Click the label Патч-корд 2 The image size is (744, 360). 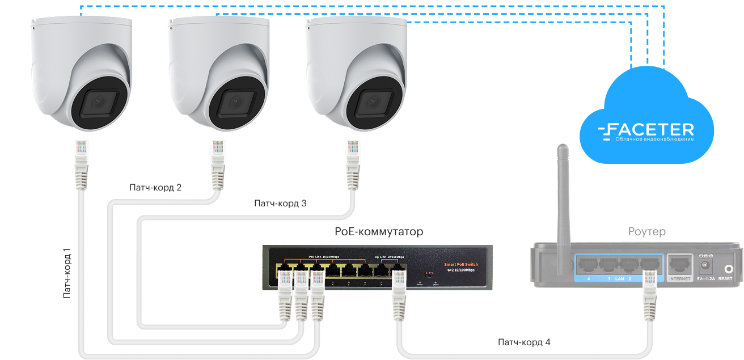pos(155,187)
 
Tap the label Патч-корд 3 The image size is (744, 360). pos(280,203)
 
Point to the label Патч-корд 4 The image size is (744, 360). pos(524,342)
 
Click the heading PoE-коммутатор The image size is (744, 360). pos(379,232)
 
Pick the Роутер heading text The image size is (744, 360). pos(647,231)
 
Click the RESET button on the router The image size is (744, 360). pos(725,266)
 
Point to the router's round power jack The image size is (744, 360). pos(706,265)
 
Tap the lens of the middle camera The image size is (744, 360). pos(236,105)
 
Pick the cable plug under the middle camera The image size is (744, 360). pos(218,162)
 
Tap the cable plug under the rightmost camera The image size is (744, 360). pos(353,162)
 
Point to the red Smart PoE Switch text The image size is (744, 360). pos(460,264)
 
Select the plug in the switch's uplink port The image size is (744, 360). pos(399,293)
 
